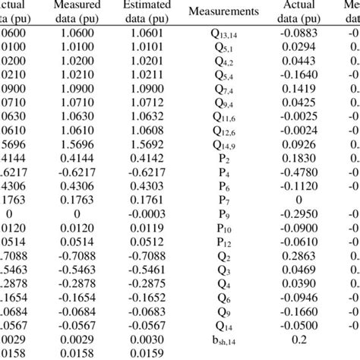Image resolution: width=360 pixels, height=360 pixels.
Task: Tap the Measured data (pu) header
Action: click(80, 13)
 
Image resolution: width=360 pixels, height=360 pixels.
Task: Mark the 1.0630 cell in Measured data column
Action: click(80, 115)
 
